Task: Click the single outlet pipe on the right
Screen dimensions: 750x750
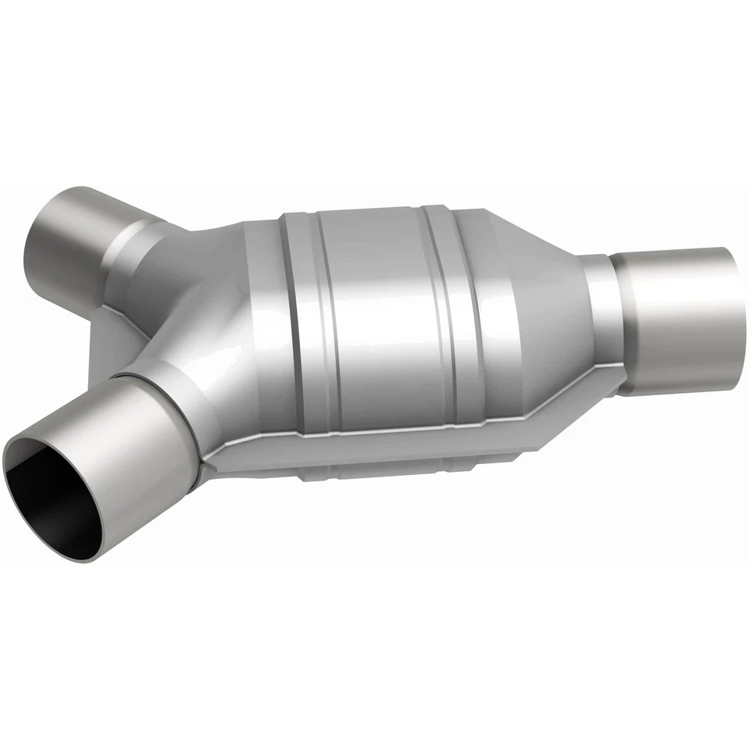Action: (680, 320)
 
